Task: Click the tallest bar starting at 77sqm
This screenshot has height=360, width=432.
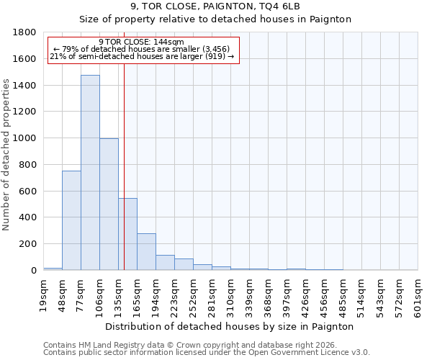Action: point(90,173)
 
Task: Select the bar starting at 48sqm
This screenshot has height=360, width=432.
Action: point(71,220)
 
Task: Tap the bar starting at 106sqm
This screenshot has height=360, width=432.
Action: point(109,204)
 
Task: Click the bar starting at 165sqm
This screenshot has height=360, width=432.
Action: point(146,252)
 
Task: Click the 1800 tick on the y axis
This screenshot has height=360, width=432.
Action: point(26,32)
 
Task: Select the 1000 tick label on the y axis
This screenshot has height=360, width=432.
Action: point(26,138)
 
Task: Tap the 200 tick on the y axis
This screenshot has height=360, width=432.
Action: point(29,244)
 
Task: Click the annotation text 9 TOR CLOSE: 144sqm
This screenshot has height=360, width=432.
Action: point(141,42)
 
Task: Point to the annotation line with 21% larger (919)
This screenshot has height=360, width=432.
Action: point(141,57)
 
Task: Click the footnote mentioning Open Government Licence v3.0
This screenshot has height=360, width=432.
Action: point(207,352)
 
